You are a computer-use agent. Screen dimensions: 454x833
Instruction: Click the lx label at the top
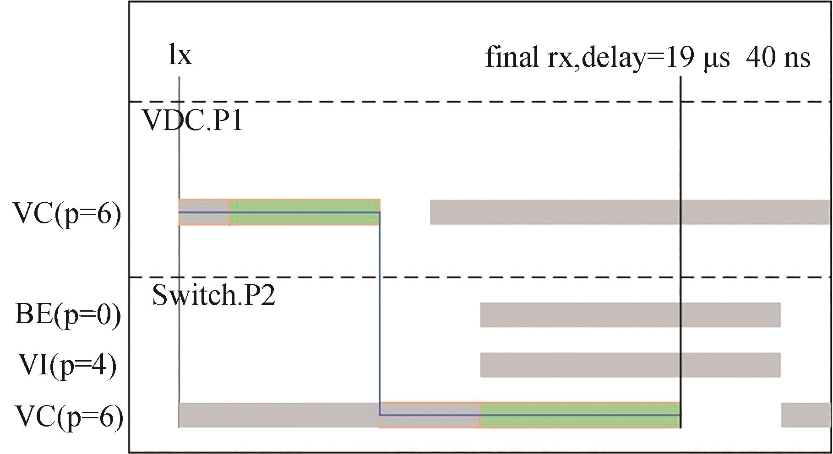pyautogui.click(x=180, y=55)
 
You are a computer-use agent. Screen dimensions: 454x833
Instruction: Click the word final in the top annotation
pyautogui.click(x=512, y=58)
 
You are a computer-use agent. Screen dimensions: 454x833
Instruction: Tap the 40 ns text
pyautogui.click(x=778, y=58)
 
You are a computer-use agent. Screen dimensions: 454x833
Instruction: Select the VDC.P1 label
pyautogui.click(x=193, y=121)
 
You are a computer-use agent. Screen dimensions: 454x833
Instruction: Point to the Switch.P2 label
pyautogui.click(x=214, y=295)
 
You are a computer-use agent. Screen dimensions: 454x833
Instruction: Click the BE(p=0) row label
pyautogui.click(x=68, y=315)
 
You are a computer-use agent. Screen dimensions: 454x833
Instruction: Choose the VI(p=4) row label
pyautogui.click(x=68, y=366)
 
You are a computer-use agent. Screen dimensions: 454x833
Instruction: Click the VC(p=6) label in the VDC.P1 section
pyautogui.click(x=68, y=214)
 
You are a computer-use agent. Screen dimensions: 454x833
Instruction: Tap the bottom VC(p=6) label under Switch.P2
pyautogui.click(x=69, y=417)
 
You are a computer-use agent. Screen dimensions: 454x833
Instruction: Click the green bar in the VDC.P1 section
pyautogui.click(x=305, y=212)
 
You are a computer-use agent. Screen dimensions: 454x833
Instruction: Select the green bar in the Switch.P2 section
pyautogui.click(x=579, y=415)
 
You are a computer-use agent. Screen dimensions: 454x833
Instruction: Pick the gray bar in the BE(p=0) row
pyautogui.click(x=630, y=315)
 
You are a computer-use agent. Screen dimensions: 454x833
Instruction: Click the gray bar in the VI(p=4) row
pyautogui.click(x=630, y=365)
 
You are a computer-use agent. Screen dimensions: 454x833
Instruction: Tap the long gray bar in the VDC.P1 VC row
pyautogui.click(x=630, y=212)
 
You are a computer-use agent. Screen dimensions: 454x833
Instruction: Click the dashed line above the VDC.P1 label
pyautogui.click(x=458, y=101)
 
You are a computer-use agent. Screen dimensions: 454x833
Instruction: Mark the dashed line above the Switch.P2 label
pyautogui.click(x=458, y=277)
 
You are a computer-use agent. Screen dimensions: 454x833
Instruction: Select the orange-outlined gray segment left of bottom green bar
pyautogui.click(x=430, y=415)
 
